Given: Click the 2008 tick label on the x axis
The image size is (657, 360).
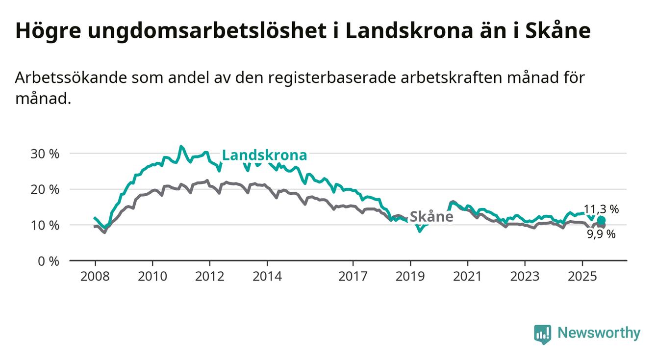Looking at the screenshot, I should click(x=95, y=276).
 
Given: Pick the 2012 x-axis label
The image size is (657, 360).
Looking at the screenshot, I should click(x=210, y=276).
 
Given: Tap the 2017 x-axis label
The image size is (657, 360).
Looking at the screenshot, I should click(x=353, y=276).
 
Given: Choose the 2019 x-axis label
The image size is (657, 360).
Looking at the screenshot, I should click(x=410, y=276).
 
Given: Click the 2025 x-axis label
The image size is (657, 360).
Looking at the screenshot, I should click(x=582, y=276).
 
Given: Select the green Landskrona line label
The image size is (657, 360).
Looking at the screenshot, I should click(x=265, y=155).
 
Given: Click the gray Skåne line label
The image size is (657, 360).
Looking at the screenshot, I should click(x=431, y=217).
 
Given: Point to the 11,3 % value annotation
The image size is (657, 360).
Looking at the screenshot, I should click(x=601, y=209).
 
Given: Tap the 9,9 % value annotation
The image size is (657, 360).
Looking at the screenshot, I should click(x=601, y=234).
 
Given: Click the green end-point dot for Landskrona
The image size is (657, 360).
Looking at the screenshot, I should click(x=601, y=220).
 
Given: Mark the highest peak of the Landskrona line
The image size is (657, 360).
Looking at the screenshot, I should click(x=181, y=146).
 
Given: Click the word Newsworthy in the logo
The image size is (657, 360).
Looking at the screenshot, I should click(x=599, y=334).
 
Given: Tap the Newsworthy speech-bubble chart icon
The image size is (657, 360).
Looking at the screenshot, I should click(x=542, y=334).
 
